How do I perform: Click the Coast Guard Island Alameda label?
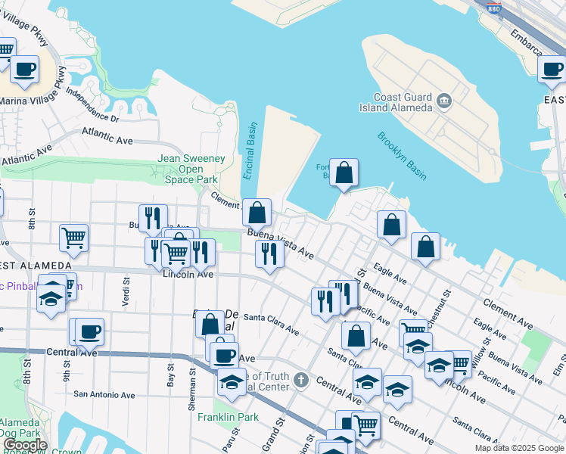pos(402,102)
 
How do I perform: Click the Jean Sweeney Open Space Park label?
pos(187,169)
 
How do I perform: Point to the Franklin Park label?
pos(228,417)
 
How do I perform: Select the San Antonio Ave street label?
pos(104,395)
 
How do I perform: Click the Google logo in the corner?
pos(25,445)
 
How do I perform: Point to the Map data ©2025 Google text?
pos(519,448)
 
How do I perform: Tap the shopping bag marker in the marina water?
pos(344,173)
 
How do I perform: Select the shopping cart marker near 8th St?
pos(73,238)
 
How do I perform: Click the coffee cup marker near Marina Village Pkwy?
pos(24,70)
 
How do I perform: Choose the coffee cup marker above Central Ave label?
pos(89,331)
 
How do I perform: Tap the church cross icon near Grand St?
pos(301,378)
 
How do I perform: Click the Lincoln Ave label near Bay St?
pos(188,274)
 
